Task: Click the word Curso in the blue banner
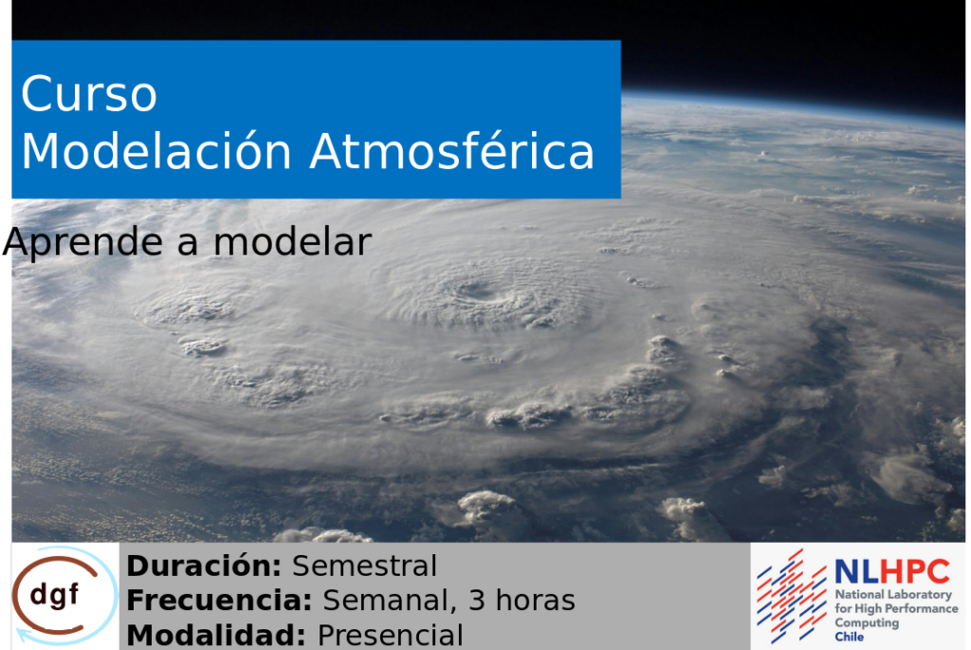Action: coord(89,94)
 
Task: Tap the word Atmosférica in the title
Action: coord(452,151)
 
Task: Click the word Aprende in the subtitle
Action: coord(83,243)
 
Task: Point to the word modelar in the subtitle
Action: coord(292,242)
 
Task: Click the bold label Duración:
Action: coord(205,566)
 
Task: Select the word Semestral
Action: coord(364,566)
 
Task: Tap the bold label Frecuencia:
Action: coord(219,601)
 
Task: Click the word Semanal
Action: coord(390,601)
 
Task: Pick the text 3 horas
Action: coord(522,601)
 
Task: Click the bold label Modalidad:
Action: coord(216,635)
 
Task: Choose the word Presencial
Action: coord(390,635)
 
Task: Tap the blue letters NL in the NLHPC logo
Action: coord(856,572)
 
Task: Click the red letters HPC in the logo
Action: coord(915,571)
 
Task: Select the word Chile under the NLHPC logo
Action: coord(849,637)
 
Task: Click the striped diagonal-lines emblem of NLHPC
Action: coord(792,596)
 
